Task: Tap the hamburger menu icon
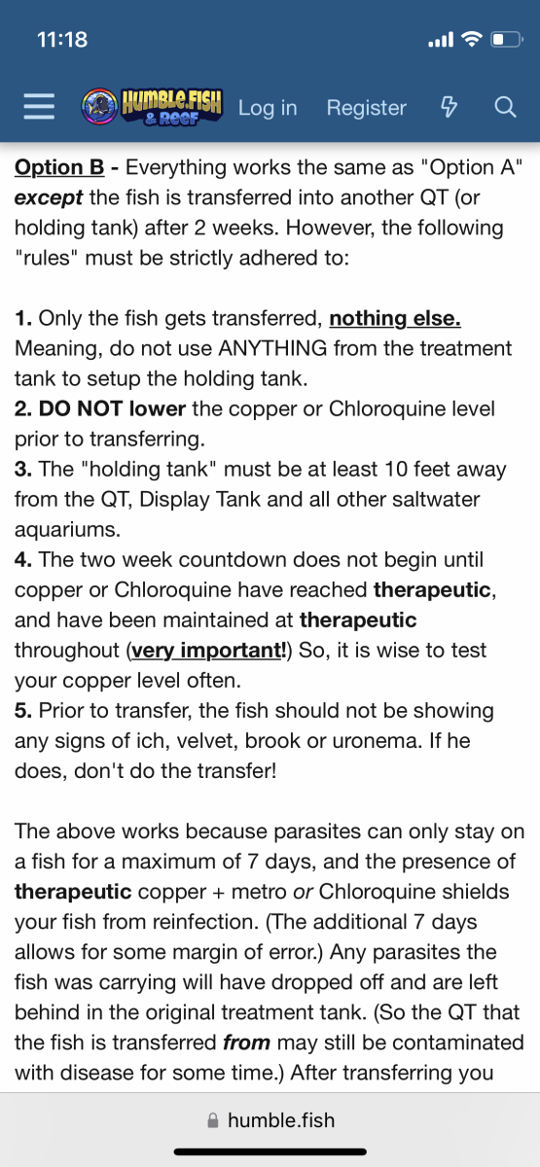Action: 39,107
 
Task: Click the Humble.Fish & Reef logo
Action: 152,107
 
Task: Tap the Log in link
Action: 268,108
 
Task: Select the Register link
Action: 367,108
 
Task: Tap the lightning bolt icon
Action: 449,107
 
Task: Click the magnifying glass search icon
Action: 505,107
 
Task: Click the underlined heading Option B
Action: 59,167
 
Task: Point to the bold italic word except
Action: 49,198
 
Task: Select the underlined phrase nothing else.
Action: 395,318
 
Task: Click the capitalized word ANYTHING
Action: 272,348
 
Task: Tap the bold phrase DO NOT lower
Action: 112,408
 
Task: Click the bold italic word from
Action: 246,1043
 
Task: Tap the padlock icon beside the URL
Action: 213,1120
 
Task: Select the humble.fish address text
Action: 281,1120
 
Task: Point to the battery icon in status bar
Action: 507,40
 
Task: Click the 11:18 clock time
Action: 62,40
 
